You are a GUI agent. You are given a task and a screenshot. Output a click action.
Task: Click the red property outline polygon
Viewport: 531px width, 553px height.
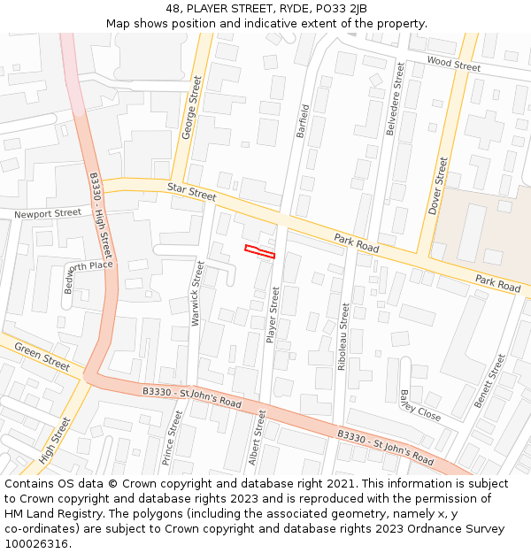pyautogui.click(x=259, y=251)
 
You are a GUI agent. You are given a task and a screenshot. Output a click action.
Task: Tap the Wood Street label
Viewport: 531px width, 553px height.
pyautogui.click(x=453, y=63)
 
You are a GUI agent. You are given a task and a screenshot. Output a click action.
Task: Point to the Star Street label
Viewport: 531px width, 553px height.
pyautogui.click(x=191, y=189)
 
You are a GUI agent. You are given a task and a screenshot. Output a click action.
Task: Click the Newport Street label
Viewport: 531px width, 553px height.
pyautogui.click(x=48, y=213)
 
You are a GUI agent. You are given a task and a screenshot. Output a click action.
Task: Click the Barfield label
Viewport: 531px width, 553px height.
pyautogui.click(x=304, y=122)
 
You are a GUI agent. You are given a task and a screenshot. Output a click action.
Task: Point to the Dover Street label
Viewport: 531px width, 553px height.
pyautogui.click(x=438, y=186)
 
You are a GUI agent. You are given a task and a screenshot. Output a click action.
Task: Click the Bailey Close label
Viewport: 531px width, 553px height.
pyautogui.click(x=419, y=404)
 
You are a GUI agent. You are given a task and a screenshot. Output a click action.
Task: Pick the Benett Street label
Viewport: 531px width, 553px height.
pyautogui.click(x=489, y=381)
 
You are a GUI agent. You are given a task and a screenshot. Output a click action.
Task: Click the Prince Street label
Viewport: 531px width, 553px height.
pyautogui.click(x=173, y=438)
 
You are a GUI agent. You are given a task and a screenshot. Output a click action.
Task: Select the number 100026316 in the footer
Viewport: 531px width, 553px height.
pyautogui.click(x=36, y=543)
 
